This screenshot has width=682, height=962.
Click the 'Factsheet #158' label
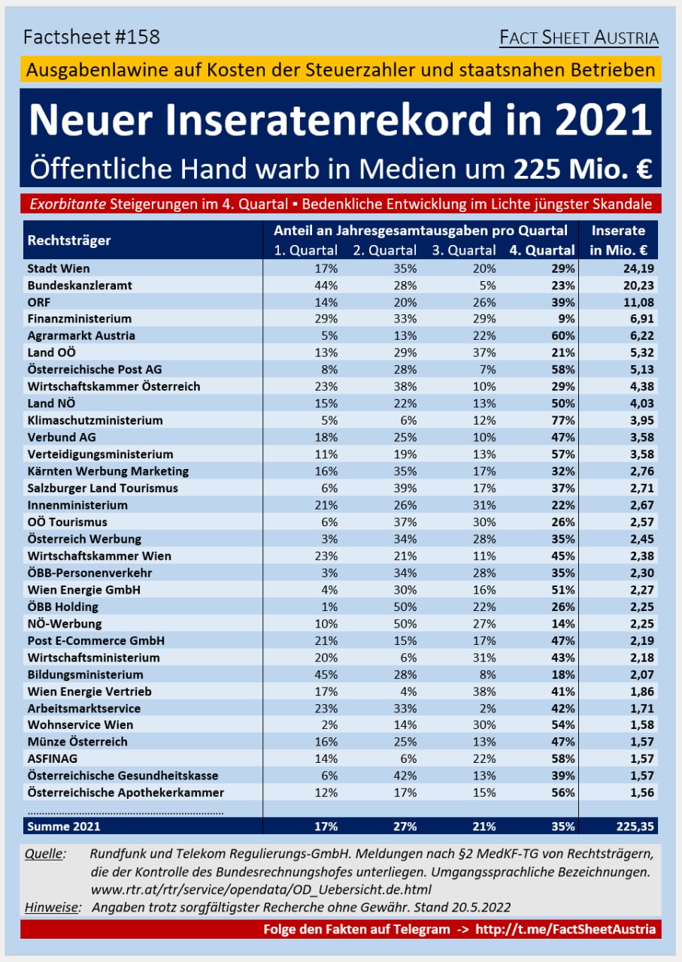(92, 37)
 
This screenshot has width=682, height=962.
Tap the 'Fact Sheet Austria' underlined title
(579, 38)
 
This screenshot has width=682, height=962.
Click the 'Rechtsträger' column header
(69, 240)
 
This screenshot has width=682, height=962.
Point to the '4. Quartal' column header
(542, 250)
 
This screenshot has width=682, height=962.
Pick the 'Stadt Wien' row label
(59, 268)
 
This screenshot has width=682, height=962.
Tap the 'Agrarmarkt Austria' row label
(81, 335)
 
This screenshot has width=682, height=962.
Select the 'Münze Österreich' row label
(77, 742)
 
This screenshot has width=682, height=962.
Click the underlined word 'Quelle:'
(45, 854)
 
